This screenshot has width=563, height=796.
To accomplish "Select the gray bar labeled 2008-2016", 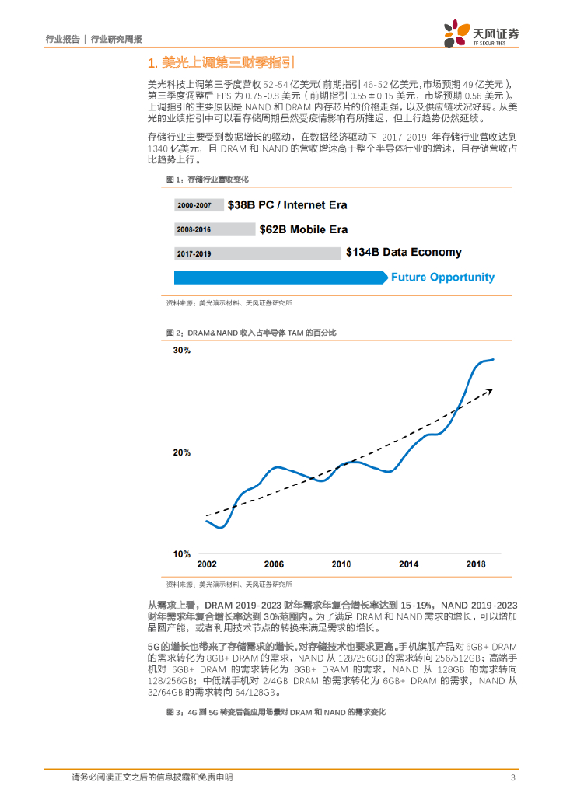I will pyautogui.click(x=215, y=229).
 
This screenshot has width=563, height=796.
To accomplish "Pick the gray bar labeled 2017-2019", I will pyautogui.click(x=257, y=253).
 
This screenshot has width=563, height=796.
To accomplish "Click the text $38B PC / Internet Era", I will pyautogui.click(x=287, y=205).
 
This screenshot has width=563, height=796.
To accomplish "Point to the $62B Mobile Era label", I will pyautogui.click(x=304, y=229).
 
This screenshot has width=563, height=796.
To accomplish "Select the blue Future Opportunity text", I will pyautogui.click(x=442, y=277).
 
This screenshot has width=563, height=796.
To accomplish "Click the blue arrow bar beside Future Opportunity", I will pyautogui.click(x=280, y=278).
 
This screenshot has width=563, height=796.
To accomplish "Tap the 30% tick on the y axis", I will pyautogui.click(x=181, y=351).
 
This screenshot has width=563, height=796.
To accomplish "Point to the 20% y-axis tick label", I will pyautogui.click(x=181, y=452).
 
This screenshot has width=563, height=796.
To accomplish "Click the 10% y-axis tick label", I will pyautogui.click(x=181, y=554).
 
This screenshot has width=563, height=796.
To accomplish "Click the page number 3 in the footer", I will pyautogui.click(x=512, y=778).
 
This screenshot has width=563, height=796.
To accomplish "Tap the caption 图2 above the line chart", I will pyautogui.click(x=251, y=333).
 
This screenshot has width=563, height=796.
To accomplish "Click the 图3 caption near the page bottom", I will pyautogui.click(x=276, y=712).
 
